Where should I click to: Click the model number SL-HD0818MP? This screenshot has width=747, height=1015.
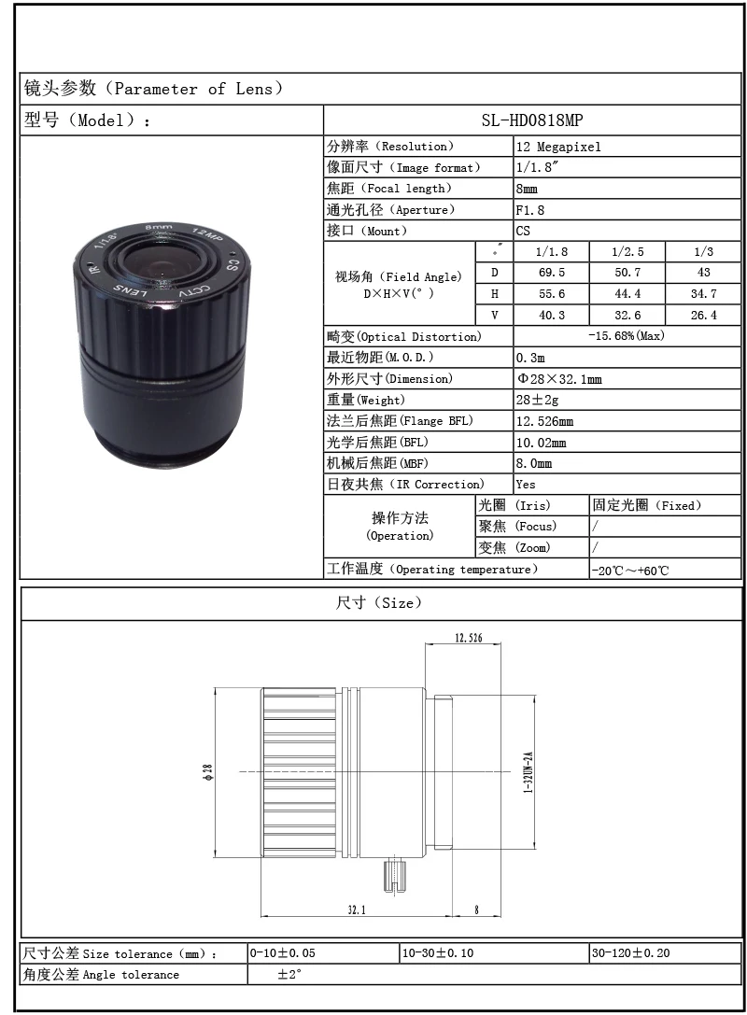[x=532, y=120]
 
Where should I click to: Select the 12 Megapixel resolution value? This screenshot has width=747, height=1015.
[x=558, y=147]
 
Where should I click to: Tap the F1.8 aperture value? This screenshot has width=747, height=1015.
[x=530, y=210]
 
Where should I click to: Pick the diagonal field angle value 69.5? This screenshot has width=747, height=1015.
[x=551, y=273]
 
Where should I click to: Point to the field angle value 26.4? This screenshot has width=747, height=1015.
[x=703, y=316]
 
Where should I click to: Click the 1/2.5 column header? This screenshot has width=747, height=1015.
[x=627, y=252]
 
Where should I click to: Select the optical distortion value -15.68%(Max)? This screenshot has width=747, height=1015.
[x=627, y=336]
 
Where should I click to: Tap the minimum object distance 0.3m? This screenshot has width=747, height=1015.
[x=530, y=358]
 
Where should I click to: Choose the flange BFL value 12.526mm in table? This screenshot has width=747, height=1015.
[x=545, y=421]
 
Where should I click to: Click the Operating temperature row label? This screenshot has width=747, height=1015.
[x=431, y=569]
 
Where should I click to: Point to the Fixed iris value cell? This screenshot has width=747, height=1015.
[x=646, y=505]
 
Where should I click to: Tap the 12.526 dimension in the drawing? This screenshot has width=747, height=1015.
[x=468, y=638]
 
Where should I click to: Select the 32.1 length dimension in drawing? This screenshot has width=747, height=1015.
[x=356, y=909]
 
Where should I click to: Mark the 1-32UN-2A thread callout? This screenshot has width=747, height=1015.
[x=528, y=772]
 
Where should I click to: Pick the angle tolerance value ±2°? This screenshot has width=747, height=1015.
[x=290, y=974]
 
